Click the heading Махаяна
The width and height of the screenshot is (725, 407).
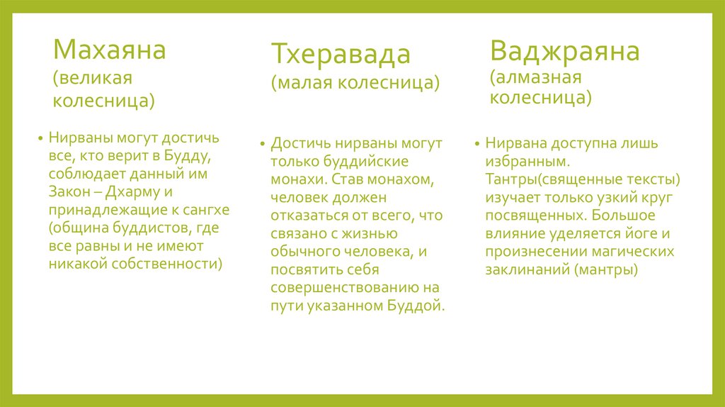tap(110, 50)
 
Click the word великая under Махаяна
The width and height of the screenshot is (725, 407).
tap(93, 77)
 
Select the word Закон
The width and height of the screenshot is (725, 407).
tap(69, 191)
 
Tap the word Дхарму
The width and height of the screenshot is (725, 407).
tap(135, 191)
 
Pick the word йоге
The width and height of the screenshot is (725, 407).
tap(643, 233)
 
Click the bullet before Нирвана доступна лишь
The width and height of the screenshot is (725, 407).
tap(476, 142)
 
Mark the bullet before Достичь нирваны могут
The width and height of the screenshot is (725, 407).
tap(262, 142)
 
